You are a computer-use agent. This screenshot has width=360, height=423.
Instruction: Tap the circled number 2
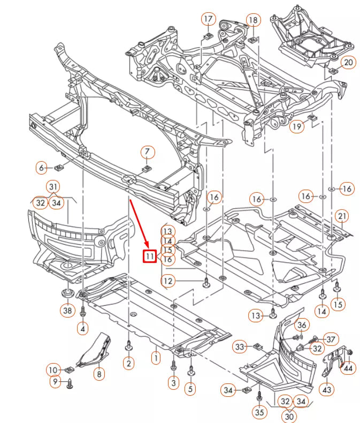[x=128, y=364]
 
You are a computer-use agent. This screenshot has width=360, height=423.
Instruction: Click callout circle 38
[x=67, y=310]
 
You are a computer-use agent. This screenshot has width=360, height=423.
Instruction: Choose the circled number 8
[x=99, y=374]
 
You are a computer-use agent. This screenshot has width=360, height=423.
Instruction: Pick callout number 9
[x=54, y=382]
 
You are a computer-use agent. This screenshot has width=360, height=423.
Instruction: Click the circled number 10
[x=53, y=369]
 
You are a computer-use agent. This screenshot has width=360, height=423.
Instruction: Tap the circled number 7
[x=148, y=152]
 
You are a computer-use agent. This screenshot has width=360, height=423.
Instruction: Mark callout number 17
[x=208, y=19]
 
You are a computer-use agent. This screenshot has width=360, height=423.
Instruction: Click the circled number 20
[x=348, y=63]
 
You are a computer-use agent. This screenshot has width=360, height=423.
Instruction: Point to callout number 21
[x=342, y=216]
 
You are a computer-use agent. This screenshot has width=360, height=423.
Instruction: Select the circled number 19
[x=297, y=126]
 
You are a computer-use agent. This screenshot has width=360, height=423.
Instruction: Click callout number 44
[x=348, y=368]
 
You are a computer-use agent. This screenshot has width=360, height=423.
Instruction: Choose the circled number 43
[x=327, y=389]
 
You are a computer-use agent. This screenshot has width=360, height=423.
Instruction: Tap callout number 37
[x=332, y=338]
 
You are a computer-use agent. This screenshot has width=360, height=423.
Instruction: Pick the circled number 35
[x=259, y=412]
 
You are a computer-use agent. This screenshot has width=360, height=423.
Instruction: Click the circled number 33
[x=240, y=348]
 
